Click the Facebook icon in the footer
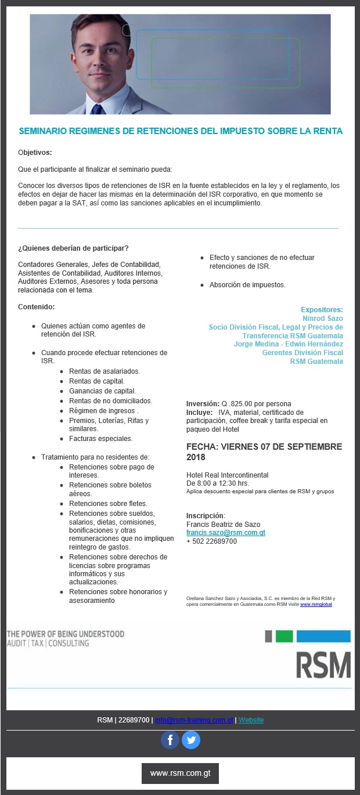170,740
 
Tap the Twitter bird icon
191,740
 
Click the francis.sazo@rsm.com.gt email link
225,532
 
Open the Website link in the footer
251,720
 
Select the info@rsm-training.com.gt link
195,720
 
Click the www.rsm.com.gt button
180,773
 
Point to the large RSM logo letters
323,665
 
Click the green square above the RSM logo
284,636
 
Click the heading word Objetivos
35,153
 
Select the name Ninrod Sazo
322,319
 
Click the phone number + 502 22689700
211,541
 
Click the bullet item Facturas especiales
100,439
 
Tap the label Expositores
322,310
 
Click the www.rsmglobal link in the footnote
316,604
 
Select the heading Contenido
36,306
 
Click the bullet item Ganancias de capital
102,391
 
